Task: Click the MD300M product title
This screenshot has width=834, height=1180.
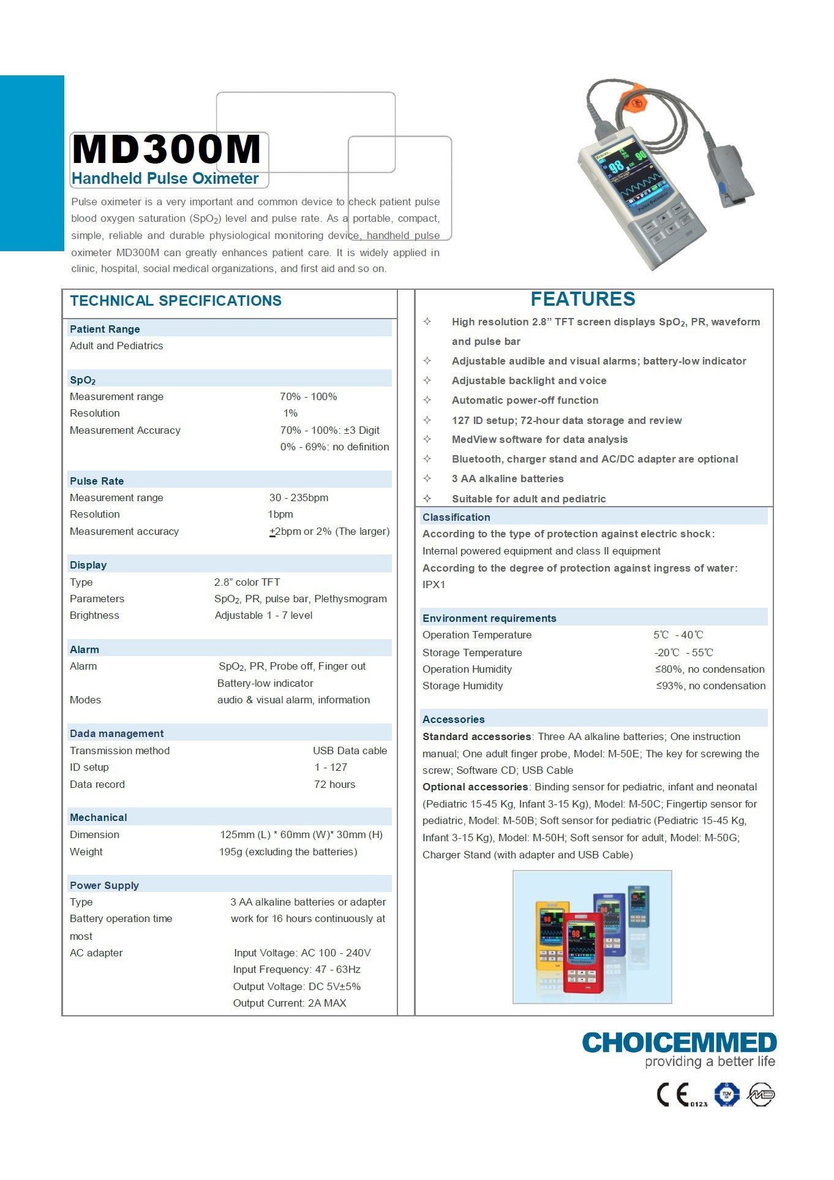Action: coord(167,150)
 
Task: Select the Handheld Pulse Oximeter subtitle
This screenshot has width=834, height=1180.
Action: coord(165,179)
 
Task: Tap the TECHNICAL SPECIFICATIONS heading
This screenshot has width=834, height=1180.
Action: coord(176,301)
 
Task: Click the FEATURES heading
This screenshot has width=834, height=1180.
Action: coord(582,299)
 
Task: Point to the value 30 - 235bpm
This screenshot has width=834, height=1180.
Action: coord(299,497)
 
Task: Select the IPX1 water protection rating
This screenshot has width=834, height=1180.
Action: coord(434,584)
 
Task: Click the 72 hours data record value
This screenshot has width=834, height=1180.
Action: coord(334,784)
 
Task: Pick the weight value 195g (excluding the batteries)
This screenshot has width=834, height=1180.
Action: coord(288,852)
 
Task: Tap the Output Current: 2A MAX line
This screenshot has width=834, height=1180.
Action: coord(290,1003)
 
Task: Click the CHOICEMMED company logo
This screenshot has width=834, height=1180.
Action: coord(679,1043)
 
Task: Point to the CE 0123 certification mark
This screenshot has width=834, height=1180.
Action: coord(682,1095)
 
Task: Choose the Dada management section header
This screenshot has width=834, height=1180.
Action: coord(116,733)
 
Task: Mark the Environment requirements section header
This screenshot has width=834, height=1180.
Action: coord(489,618)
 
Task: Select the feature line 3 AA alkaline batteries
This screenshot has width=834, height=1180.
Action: coord(508,478)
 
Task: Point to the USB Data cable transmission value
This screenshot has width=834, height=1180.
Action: coord(350,751)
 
